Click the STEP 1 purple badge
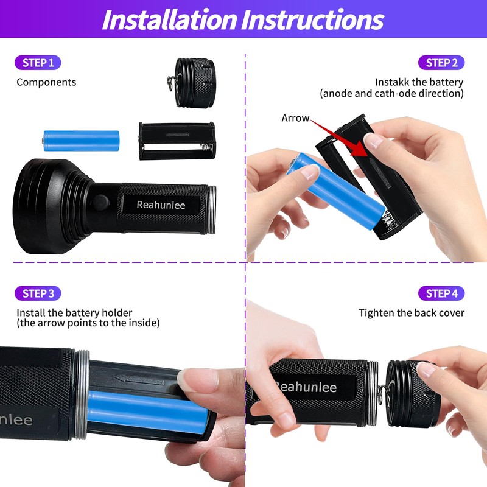pos(38,62)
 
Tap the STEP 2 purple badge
pos(441,63)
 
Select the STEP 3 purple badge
pos(38,293)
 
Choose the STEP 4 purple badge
pos(441,293)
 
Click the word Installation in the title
pos(169,19)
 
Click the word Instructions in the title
pos(313,19)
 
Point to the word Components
pos(46,82)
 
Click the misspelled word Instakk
pos(392,82)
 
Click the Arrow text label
pos(295,118)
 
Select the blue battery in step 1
pos(80,141)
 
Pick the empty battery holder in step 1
pos(177,140)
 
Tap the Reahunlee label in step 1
pos(161,205)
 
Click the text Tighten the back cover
pos(412,313)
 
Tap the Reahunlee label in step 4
pos(314,387)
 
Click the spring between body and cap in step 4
pos(379,390)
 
